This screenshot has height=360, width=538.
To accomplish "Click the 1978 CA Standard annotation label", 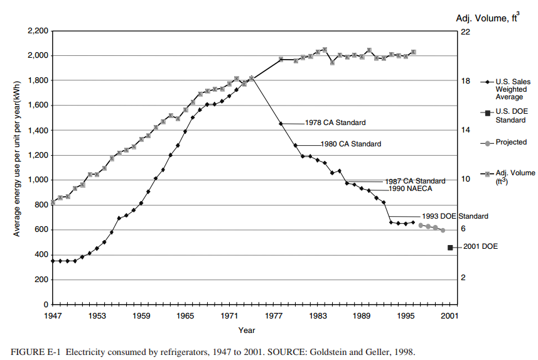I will (335, 123).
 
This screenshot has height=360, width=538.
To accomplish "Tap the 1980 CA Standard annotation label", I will (350, 144).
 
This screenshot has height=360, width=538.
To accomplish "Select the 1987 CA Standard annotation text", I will (415, 181).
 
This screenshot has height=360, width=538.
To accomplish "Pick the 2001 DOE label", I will (480, 247).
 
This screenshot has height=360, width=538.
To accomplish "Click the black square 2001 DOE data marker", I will (450, 248).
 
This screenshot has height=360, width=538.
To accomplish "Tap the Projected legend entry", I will (511, 143).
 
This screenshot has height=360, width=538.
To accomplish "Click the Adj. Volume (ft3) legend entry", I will (514, 176).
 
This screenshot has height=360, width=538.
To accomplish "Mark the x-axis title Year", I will (247, 330).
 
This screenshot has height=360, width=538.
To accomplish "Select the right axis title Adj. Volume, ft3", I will (487, 18).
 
